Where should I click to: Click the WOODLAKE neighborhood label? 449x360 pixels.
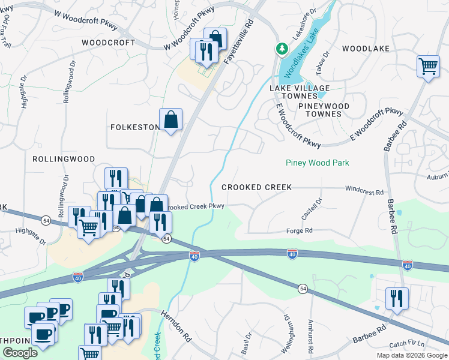coord(366,48)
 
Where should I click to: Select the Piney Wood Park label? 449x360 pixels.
coord(317,163)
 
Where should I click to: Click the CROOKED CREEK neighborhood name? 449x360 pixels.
coord(256,187)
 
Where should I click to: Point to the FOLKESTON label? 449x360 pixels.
coord(134,127)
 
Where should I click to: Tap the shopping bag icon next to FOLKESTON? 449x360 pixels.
coord(170,119)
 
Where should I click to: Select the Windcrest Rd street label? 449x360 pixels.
coord(364,191)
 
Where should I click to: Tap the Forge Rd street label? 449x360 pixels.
coord(301,230)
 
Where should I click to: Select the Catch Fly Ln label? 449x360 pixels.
coord(406,344)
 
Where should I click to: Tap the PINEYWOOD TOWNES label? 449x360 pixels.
coord(324,110)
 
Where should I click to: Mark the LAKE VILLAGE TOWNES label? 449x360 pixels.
coord(293,92)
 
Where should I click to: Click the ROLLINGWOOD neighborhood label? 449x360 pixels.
coord(63,159)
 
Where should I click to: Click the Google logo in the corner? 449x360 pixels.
coord(20,353)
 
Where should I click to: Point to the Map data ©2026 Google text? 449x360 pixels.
coord(411,355)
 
